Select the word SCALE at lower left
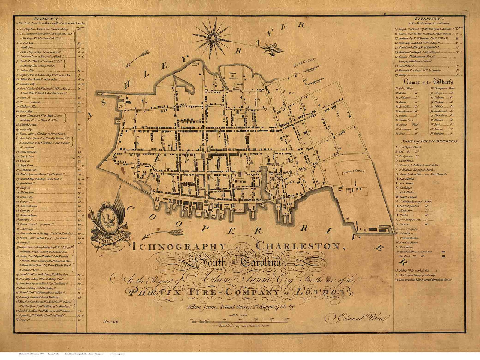(110, 321)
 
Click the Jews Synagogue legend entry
(411, 228)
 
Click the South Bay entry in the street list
(25, 48)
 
